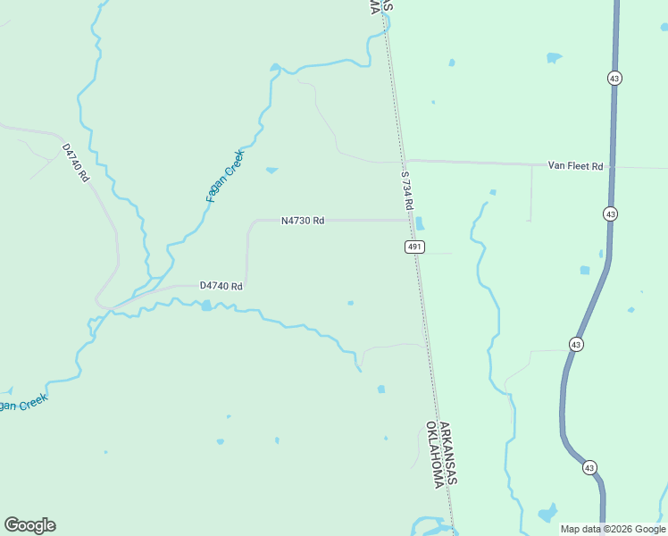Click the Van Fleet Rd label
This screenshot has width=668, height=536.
(575, 166)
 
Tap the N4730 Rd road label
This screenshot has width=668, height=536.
(302, 220)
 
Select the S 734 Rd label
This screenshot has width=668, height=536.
(407, 190)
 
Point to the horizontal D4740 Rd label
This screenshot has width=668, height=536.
(221, 286)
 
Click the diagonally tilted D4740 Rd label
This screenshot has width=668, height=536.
(76, 163)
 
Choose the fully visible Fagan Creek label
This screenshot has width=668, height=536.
(224, 176)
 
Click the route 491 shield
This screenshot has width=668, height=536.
(413, 247)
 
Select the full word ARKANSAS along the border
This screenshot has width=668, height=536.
(448, 455)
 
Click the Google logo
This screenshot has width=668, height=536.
(29, 525)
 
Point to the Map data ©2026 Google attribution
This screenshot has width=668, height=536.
(613, 529)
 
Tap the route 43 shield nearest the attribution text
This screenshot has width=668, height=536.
(589, 467)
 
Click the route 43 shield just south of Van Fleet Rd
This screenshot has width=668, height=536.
(610, 214)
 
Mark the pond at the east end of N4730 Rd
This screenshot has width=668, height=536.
(420, 223)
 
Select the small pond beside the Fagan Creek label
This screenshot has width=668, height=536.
(271, 170)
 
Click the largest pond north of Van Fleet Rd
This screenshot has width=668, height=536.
(554, 58)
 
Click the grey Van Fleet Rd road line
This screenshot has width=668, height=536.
(482, 163)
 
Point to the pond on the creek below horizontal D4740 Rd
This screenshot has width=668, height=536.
(207, 306)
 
